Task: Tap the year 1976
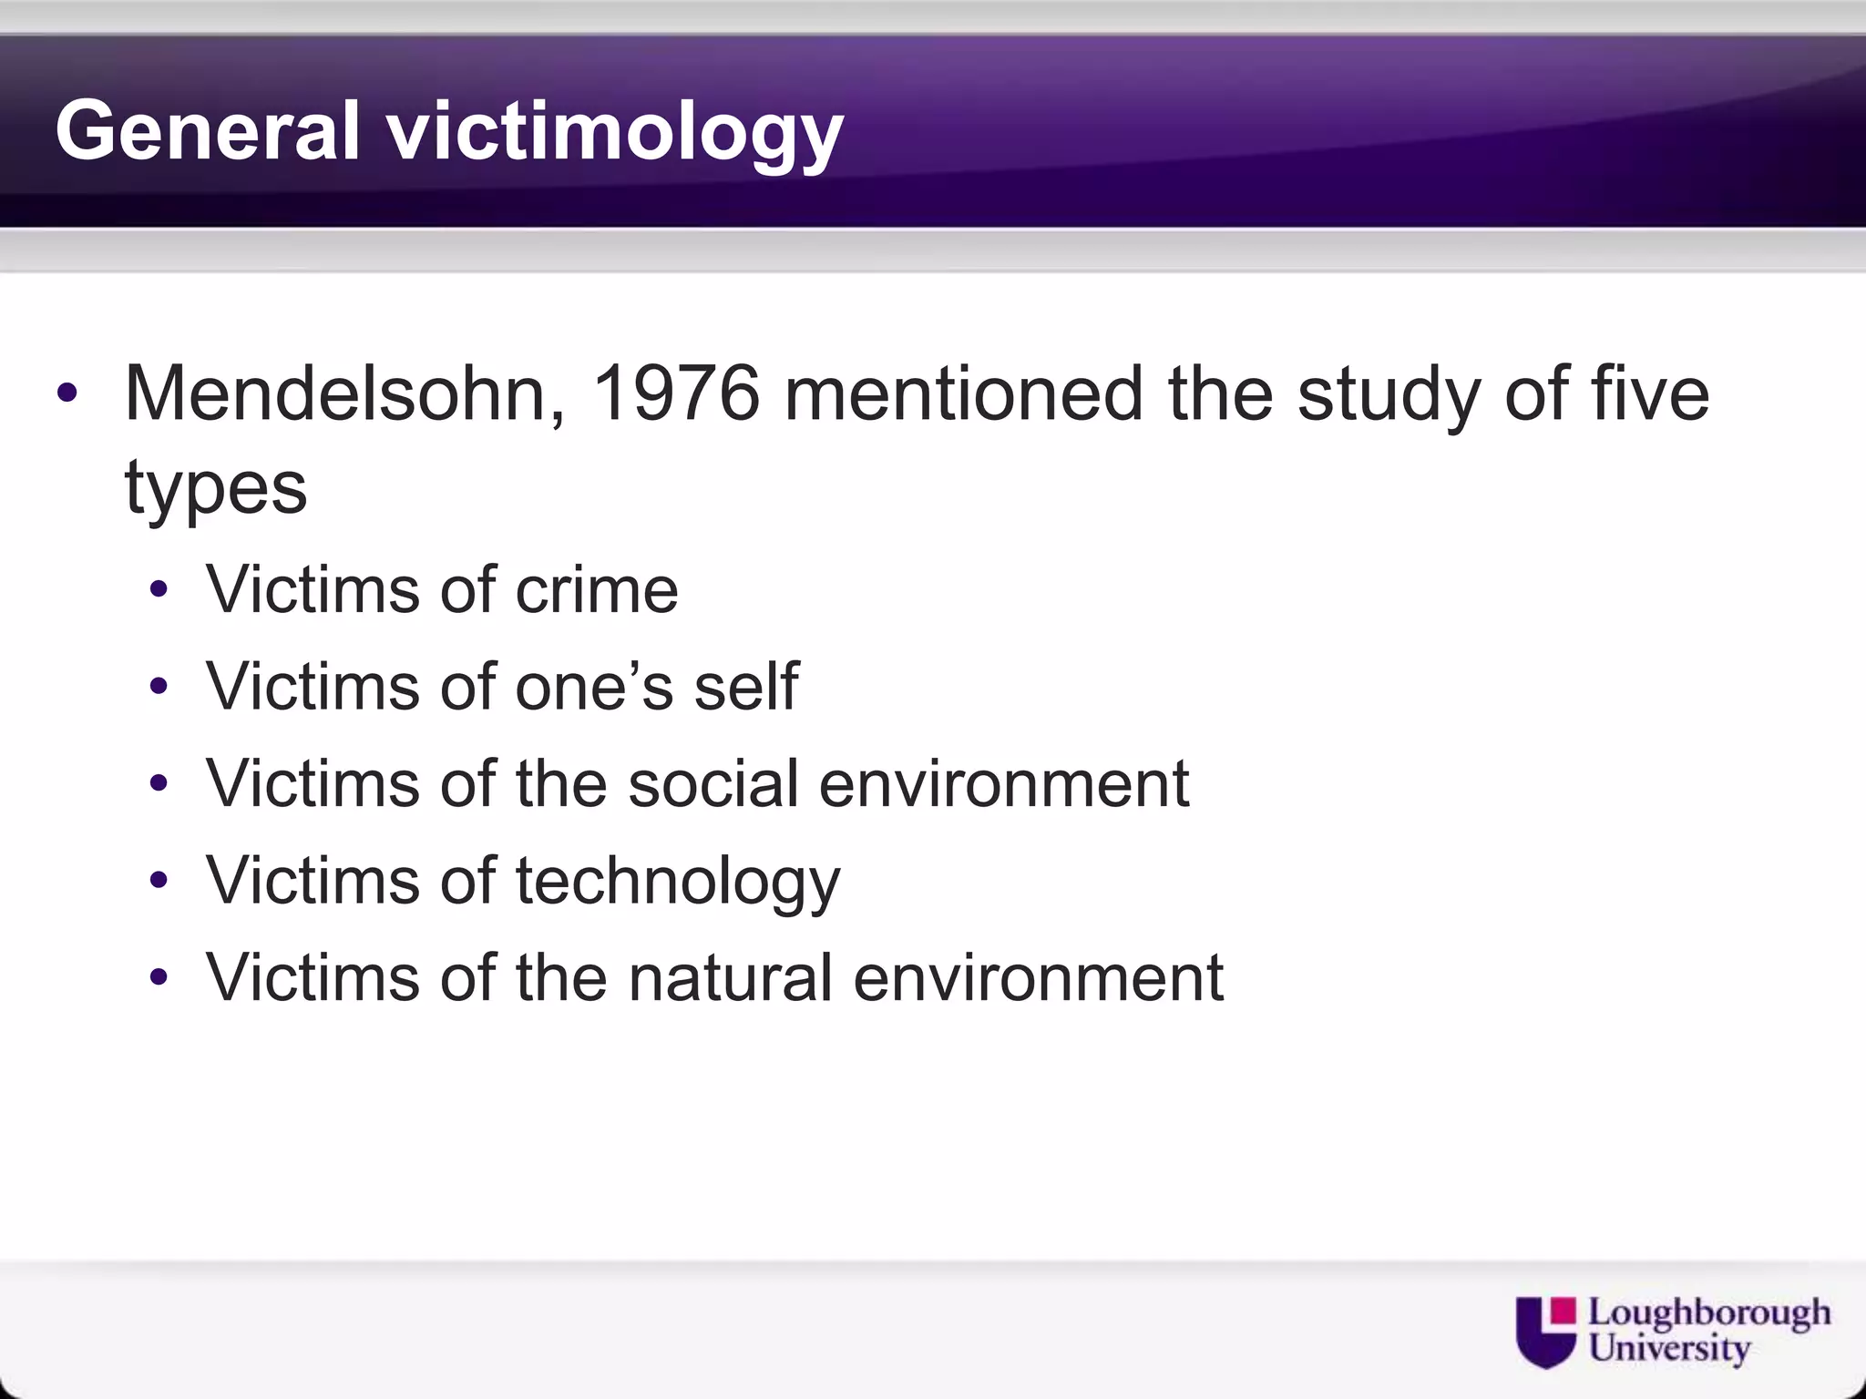pos(675,393)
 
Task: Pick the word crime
pos(597,590)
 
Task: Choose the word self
pos(746,687)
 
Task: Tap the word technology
pos(678,882)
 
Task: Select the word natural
pos(730,977)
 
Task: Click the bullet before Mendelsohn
pos(67,395)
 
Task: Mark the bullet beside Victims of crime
pos(159,591)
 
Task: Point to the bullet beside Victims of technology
pos(159,881)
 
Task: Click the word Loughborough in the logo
pos(1709,1314)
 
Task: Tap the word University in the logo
pos(1669,1348)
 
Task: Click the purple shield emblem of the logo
pos(1545,1332)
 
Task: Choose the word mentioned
pos(963,393)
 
